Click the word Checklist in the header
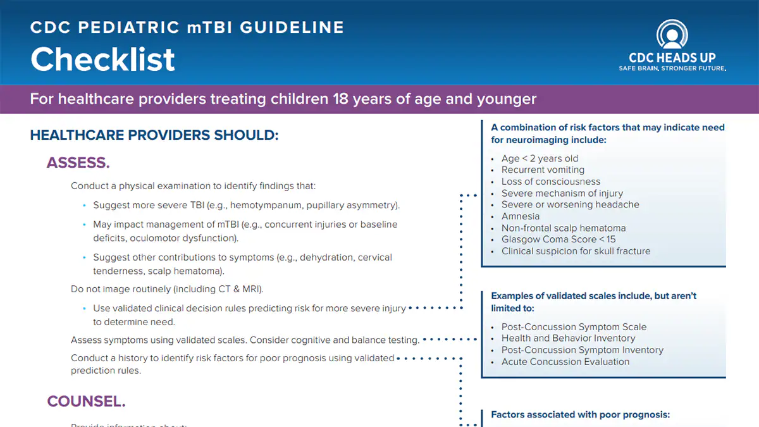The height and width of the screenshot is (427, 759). pyautogui.click(x=102, y=59)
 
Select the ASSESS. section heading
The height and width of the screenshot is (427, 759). pyautogui.click(x=78, y=163)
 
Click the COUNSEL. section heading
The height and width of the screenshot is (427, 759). pyautogui.click(x=86, y=401)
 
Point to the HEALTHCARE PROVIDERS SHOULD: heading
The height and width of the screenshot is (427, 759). pyautogui.click(x=154, y=135)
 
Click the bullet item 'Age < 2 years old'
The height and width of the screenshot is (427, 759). pyautogui.click(x=540, y=158)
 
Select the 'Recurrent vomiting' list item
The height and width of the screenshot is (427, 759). pyautogui.click(x=543, y=170)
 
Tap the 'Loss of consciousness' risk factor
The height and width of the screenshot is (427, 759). pyautogui.click(x=551, y=182)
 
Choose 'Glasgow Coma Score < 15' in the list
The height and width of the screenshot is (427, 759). pyautogui.click(x=558, y=239)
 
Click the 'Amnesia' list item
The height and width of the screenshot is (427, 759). pyautogui.click(x=521, y=216)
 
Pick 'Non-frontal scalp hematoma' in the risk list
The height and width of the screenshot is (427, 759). pyautogui.click(x=564, y=228)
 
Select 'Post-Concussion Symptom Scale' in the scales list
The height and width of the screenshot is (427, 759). pyautogui.click(x=574, y=327)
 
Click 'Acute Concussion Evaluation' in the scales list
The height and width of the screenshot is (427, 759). pyautogui.click(x=565, y=362)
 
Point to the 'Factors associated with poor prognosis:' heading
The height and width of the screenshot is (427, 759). pyautogui.click(x=580, y=415)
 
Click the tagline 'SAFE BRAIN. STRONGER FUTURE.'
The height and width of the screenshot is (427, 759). pyautogui.click(x=672, y=68)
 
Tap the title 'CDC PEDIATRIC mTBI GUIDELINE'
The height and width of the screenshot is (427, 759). pyautogui.click(x=187, y=28)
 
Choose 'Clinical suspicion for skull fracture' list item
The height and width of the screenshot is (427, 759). pyautogui.click(x=576, y=251)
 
